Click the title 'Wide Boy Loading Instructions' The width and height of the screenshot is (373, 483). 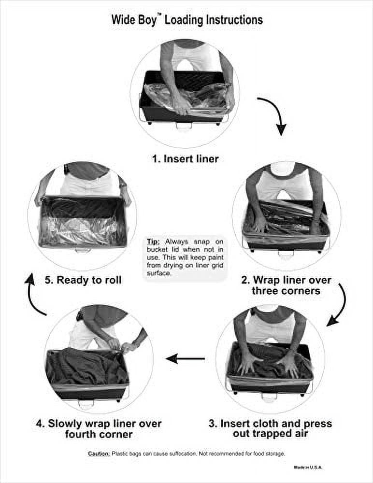(x=187, y=20)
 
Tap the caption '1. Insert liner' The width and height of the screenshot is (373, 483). (x=185, y=158)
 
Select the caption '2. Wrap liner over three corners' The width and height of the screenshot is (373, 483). (x=286, y=285)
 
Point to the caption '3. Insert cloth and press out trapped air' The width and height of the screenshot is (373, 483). (x=271, y=428)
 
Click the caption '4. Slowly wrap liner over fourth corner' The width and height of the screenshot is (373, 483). (x=99, y=428)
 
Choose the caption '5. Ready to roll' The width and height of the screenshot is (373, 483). (x=83, y=280)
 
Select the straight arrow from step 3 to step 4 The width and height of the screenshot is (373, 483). (x=185, y=358)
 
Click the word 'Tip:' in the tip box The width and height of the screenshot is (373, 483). (x=153, y=241)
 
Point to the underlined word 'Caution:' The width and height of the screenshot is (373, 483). (x=99, y=454)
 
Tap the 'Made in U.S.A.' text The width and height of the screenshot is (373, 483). (x=307, y=467)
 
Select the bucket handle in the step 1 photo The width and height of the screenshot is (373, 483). (x=184, y=126)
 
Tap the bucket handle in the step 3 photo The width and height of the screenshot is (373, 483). (x=270, y=396)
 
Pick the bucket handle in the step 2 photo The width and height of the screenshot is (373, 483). (x=287, y=254)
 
